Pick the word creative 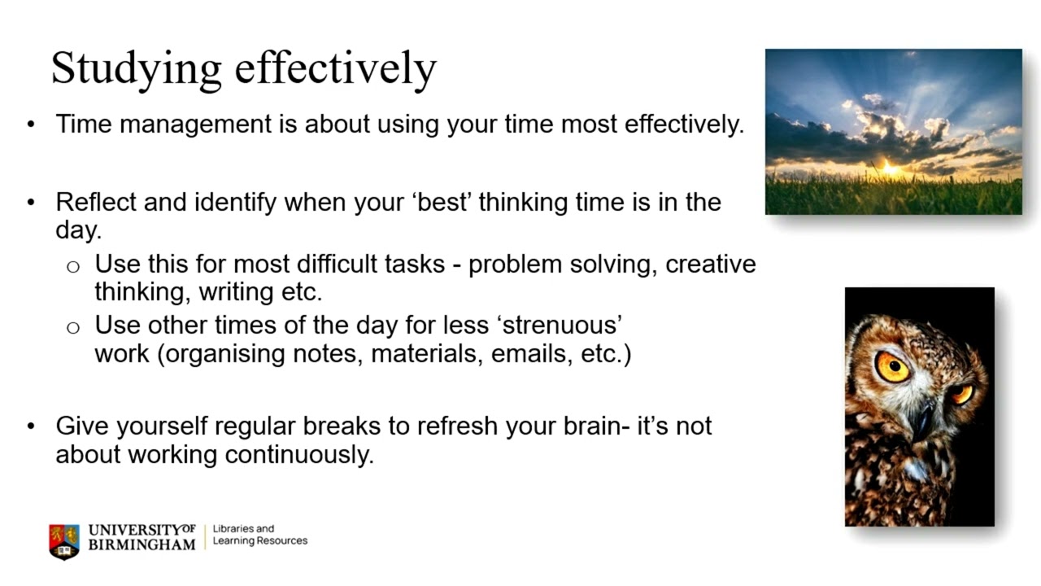710,265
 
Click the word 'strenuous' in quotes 563,325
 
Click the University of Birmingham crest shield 64,540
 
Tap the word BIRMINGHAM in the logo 142,544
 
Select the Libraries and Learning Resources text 259,535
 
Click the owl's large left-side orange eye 892,366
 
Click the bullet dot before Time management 31,125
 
